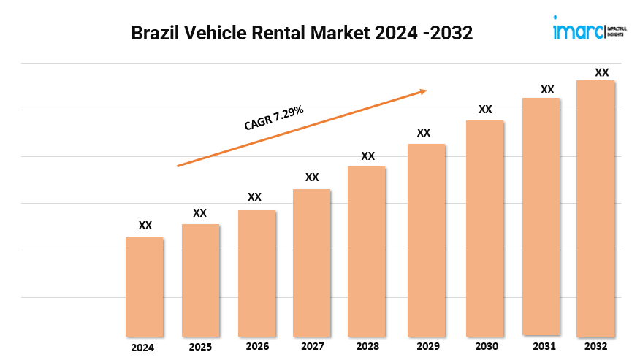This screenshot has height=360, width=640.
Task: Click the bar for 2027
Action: (312, 262)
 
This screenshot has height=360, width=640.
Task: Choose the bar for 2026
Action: (257, 273)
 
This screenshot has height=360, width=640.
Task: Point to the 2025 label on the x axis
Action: (200, 347)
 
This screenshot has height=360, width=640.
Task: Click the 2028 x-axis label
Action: (367, 347)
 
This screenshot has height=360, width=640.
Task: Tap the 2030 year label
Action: (485, 347)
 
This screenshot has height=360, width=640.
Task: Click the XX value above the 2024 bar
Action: (145, 226)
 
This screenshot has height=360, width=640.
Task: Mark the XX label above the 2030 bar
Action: (485, 110)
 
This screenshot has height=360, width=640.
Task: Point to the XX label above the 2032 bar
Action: (602, 72)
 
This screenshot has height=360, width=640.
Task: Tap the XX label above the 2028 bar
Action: (368, 156)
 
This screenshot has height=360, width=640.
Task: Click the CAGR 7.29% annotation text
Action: (274, 118)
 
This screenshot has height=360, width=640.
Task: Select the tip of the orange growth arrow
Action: (425, 91)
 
